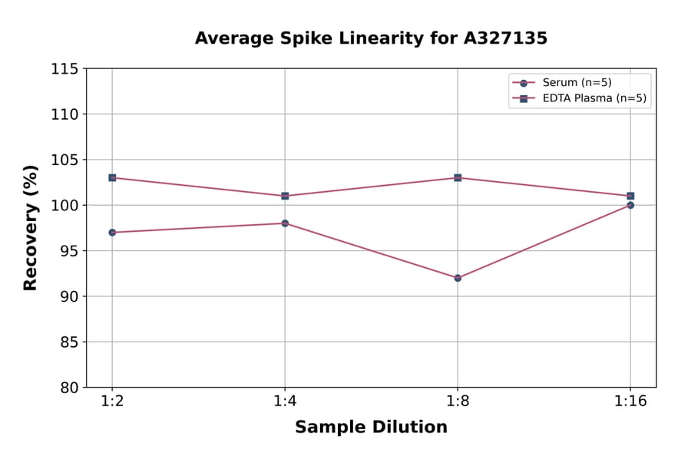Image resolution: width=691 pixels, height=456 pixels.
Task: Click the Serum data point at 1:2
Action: pos(112,233)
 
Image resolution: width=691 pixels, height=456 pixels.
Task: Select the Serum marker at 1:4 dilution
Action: pos(285,223)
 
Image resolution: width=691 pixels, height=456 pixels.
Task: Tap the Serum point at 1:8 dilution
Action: pos(458,278)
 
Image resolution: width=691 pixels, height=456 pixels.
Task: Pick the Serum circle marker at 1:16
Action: pos(630,205)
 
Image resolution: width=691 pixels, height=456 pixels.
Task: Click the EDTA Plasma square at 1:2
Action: pos(112,177)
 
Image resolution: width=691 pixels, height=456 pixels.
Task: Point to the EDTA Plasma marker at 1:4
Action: pos(285,196)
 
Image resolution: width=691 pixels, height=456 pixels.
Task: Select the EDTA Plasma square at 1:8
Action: pos(458,177)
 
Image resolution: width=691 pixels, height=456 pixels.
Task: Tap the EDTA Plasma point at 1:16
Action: pos(630,196)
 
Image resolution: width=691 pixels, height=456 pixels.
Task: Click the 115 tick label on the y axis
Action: pos(64,69)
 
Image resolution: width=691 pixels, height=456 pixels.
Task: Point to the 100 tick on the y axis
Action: pos(64,206)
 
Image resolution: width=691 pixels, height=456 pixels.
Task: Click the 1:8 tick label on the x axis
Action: pos(458,402)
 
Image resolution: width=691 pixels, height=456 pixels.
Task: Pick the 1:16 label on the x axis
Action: pos(630,402)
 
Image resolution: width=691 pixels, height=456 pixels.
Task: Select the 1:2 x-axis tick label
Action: pos(112,402)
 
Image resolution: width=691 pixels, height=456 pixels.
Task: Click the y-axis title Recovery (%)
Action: pos(31,227)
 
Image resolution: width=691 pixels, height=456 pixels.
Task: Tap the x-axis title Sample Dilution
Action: pos(371,428)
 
